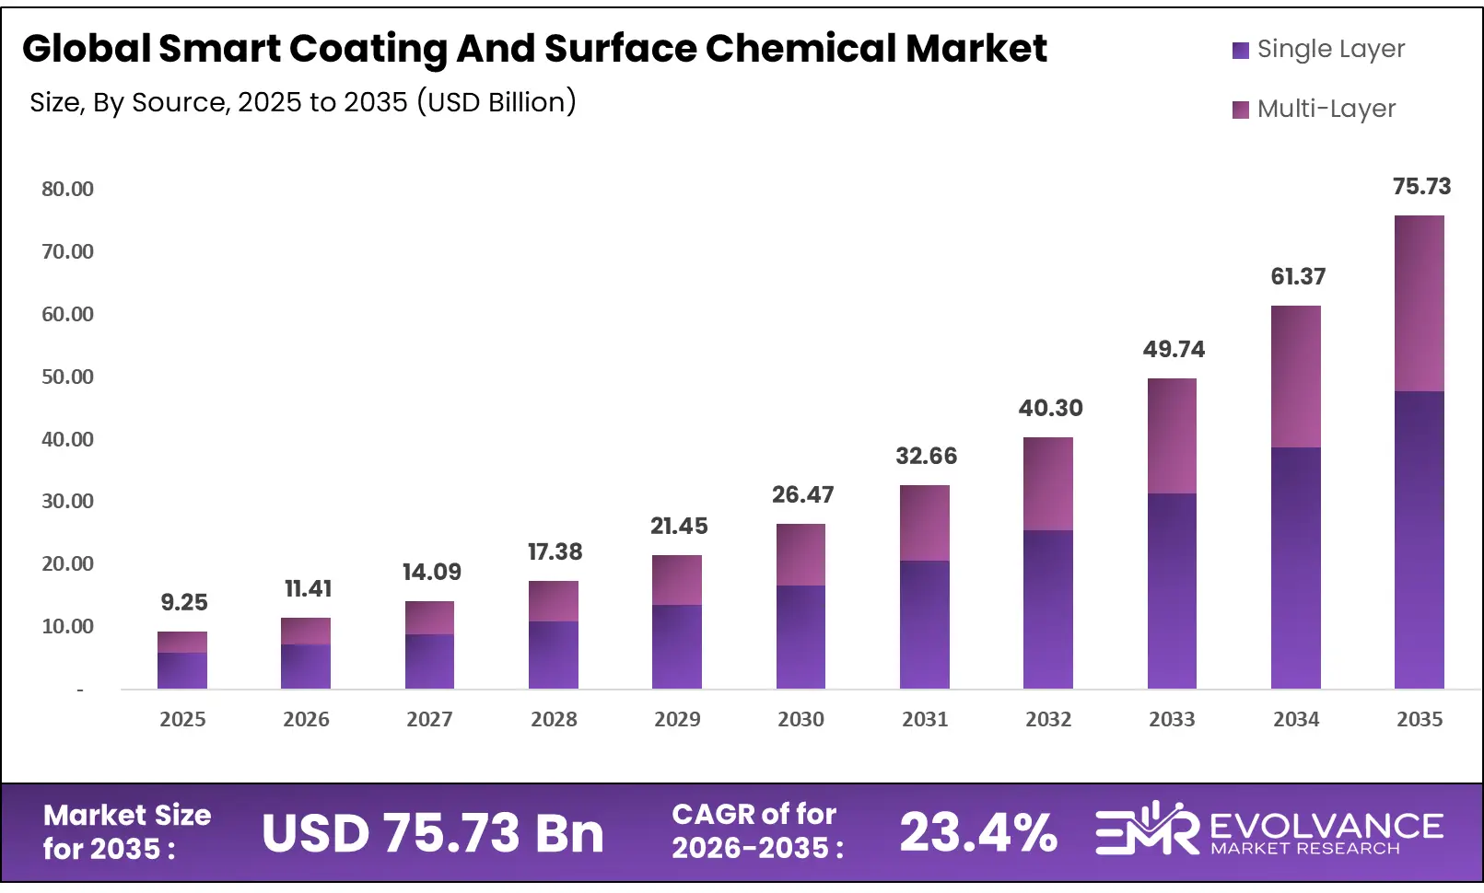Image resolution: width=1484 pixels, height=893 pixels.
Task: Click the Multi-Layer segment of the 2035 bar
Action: pos(1419,304)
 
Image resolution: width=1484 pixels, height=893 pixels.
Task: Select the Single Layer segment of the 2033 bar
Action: pos(1172,591)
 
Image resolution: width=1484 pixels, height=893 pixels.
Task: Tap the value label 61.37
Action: pos(1297,277)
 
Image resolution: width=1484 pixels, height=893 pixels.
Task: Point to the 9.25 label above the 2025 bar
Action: pos(183,603)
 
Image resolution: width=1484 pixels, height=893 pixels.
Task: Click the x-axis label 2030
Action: pos(800,720)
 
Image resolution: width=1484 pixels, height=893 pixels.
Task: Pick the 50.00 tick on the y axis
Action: pos(67,377)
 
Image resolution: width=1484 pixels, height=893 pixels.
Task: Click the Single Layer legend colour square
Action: pos(1240,50)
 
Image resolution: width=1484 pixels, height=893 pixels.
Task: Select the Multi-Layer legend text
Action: pos(1326,109)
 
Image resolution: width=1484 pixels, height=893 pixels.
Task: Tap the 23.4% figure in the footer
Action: pos(977,833)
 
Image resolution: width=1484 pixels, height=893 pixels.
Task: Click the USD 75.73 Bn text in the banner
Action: pos(432,834)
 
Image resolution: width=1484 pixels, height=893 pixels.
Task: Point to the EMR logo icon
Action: pos(1146,829)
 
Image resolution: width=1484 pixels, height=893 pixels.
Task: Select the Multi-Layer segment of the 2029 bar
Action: pos(677,580)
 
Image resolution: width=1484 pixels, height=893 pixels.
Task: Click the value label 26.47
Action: pos(802,495)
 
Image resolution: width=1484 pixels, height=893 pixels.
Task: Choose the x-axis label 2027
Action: pos(429,720)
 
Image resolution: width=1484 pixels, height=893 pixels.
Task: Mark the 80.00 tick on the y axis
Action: pos(67,190)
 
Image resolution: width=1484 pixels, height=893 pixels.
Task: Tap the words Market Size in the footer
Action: pos(127,816)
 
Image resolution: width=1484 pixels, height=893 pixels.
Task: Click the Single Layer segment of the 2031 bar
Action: pos(924,624)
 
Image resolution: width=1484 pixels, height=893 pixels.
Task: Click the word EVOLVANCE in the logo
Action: pos(1326,826)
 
